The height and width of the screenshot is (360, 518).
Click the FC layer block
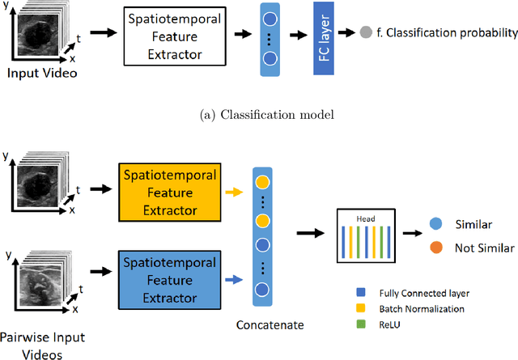(324, 38)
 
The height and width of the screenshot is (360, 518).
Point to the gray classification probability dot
(366, 33)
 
